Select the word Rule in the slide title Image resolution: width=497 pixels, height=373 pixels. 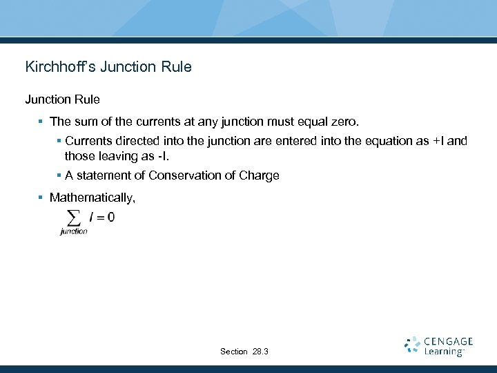click(x=175, y=68)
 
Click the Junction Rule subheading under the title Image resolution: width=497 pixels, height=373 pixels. click(x=63, y=100)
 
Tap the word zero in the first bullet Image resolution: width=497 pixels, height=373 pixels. click(x=343, y=122)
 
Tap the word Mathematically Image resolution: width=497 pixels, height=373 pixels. click(x=92, y=198)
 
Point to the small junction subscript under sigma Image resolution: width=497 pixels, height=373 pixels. click(x=74, y=231)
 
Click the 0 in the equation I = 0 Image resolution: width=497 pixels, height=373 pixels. click(x=111, y=218)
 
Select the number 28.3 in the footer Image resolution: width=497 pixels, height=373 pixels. click(x=260, y=352)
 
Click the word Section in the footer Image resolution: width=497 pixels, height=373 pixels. click(x=234, y=352)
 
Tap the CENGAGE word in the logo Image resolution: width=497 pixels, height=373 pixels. click(x=449, y=341)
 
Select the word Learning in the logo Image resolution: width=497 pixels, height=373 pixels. click(x=443, y=352)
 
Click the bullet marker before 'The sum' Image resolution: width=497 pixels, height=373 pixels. click(x=41, y=122)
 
